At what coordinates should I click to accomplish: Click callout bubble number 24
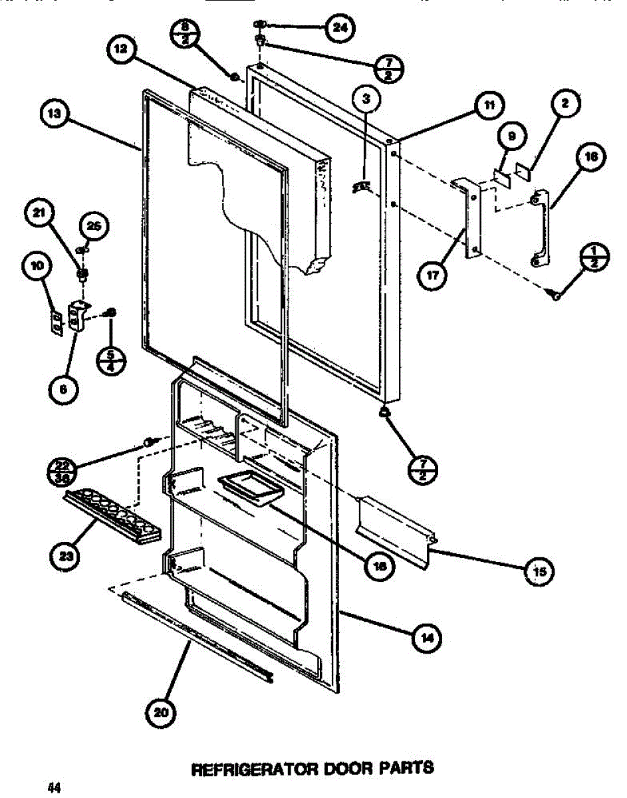[x=340, y=28]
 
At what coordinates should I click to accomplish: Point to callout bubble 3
[x=366, y=101]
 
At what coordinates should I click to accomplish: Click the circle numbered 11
[x=489, y=105]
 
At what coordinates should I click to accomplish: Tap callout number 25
[x=94, y=227]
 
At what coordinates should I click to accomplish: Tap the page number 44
[x=54, y=787]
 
